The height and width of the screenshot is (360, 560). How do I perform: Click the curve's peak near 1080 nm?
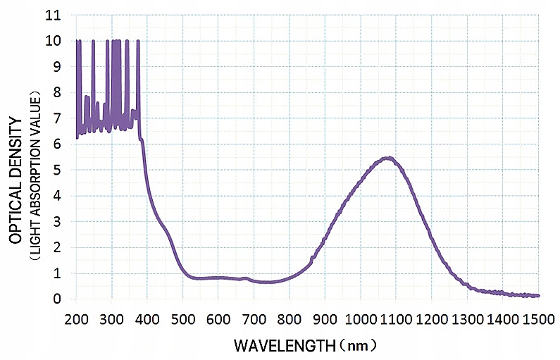[387, 158]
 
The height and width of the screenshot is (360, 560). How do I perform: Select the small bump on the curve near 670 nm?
[244, 278]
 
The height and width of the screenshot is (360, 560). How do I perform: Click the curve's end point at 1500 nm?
[538, 296]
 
